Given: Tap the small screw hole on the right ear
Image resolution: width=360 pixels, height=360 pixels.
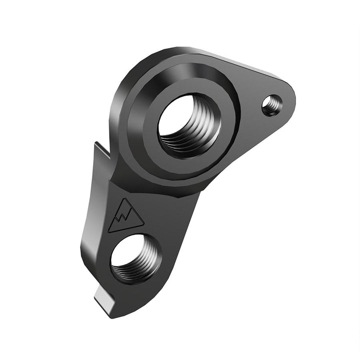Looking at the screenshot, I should (271, 105).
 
